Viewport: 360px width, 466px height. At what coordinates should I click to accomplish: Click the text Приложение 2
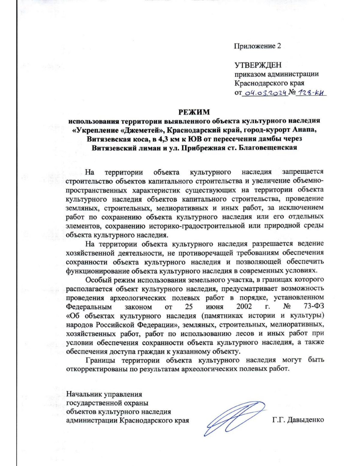[x=257, y=46]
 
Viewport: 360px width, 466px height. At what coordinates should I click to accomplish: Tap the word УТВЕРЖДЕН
[x=258, y=65]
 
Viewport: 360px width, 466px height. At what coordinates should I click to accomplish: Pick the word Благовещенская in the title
[x=268, y=148]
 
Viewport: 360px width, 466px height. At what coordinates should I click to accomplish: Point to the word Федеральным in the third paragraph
[x=89, y=307]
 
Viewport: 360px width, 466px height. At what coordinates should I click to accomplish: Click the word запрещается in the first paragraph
[x=303, y=172]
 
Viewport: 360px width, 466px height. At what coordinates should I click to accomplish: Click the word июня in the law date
[x=215, y=307]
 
